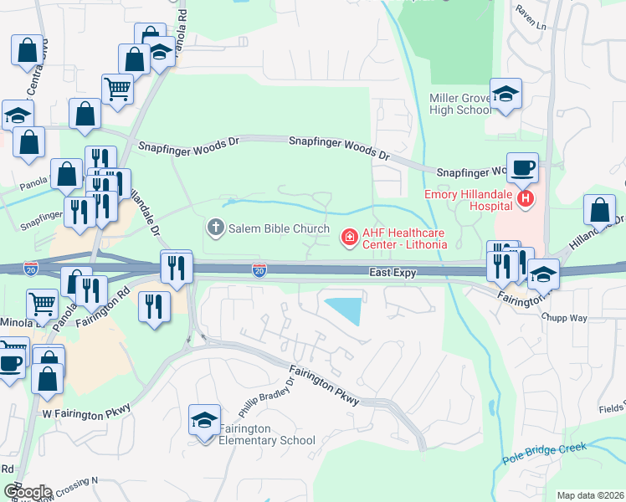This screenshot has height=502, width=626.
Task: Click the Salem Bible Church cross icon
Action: (216, 228)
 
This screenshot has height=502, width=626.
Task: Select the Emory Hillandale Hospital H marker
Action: (526, 199)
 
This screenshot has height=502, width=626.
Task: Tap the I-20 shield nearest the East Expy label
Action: (260, 270)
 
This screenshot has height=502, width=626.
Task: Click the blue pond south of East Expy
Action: (346, 309)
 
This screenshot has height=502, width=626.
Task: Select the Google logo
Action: (28, 491)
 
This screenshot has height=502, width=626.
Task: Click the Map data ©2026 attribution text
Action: (590, 495)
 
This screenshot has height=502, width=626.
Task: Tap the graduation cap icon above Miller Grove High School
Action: (505, 94)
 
